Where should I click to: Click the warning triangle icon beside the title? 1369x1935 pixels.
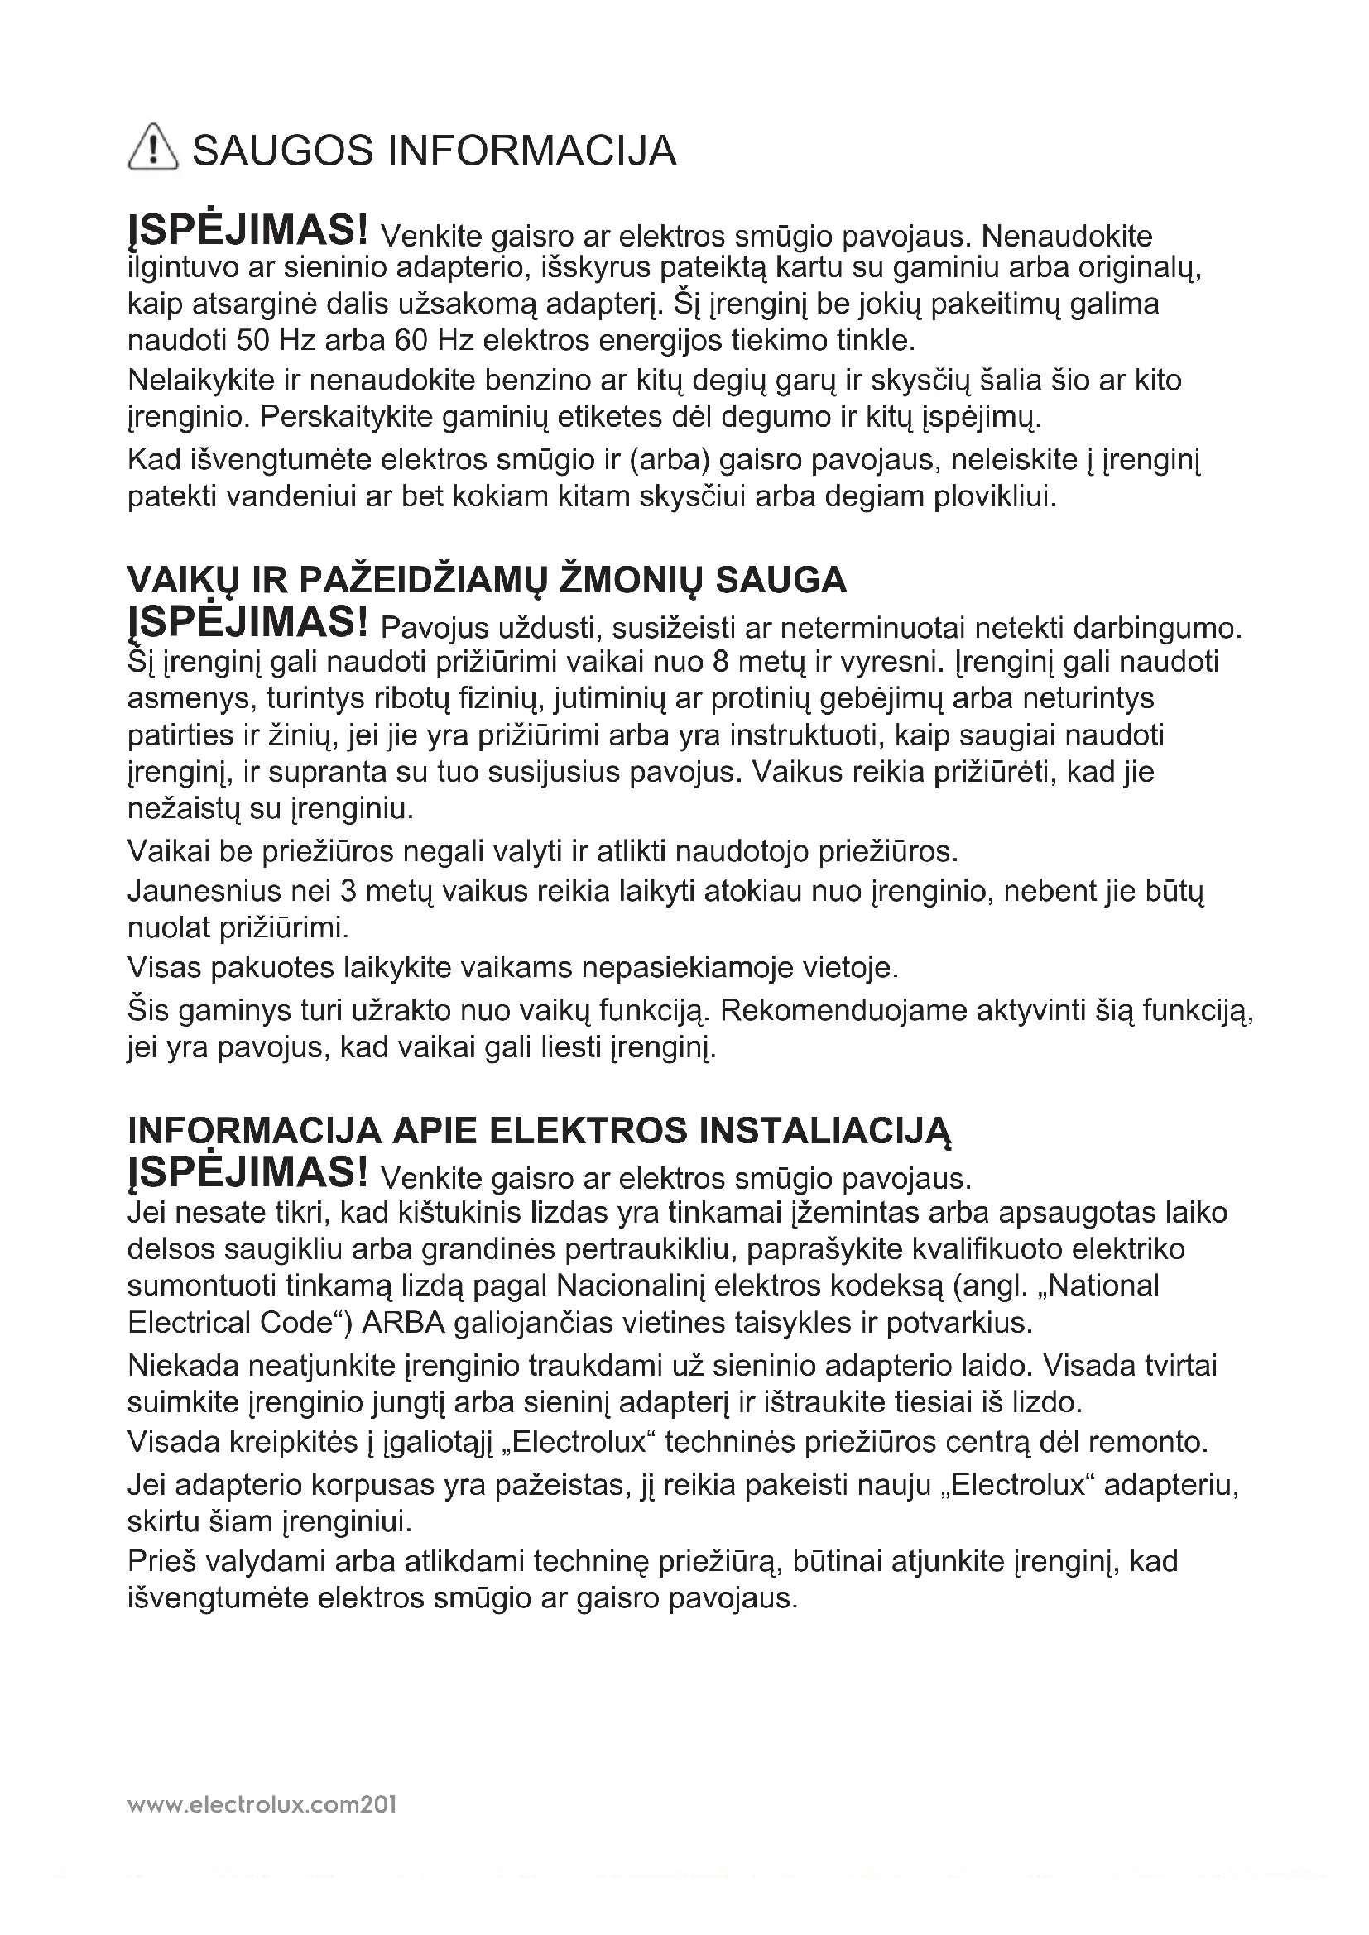[x=152, y=146]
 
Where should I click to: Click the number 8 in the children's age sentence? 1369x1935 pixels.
[x=721, y=662]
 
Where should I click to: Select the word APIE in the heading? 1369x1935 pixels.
[x=435, y=1131]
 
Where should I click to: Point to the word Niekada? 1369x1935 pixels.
[x=179, y=1365]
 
